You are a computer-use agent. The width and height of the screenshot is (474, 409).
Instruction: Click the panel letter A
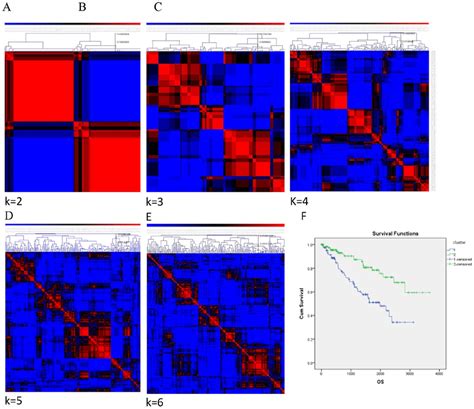click(10, 8)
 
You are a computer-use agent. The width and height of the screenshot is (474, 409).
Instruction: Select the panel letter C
click(156, 8)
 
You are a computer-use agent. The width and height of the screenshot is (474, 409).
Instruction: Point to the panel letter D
click(9, 214)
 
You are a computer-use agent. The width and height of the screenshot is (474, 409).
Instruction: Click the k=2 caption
click(16, 198)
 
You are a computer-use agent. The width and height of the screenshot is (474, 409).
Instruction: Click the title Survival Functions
click(380, 229)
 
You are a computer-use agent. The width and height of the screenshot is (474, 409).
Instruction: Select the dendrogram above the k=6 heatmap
click(215, 243)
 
